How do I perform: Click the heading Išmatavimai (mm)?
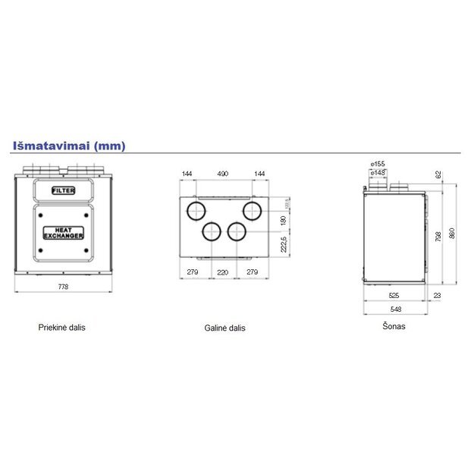pos(68,145)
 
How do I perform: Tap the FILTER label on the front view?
pos(63,190)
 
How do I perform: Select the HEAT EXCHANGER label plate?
pos(63,233)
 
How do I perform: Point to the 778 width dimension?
pos(63,287)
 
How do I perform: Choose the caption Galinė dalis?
pos(224,328)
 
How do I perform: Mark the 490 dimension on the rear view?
pos(223,174)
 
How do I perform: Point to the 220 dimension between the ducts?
pos(223,271)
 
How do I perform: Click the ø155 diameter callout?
pos(378,164)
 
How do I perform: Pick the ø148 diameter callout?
pos(378,173)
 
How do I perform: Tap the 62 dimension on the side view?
pos(438,174)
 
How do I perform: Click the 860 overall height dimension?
pos(453,234)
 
